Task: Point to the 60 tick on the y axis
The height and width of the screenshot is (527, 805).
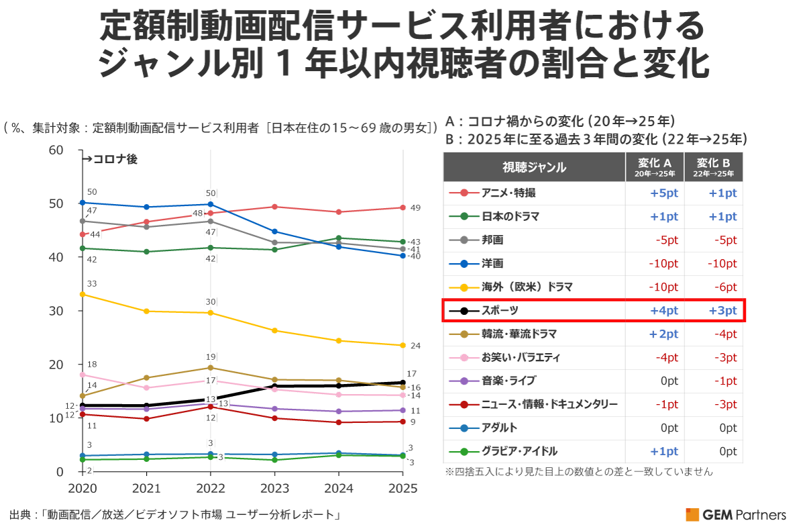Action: click(x=56, y=150)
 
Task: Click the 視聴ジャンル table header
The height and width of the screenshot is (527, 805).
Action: click(x=534, y=167)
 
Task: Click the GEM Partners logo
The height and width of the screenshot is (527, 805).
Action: click(x=735, y=515)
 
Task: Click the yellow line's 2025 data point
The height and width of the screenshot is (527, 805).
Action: click(x=402, y=345)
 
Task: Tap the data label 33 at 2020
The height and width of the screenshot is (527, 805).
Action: click(x=92, y=284)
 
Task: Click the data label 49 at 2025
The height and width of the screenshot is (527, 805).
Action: click(x=415, y=207)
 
